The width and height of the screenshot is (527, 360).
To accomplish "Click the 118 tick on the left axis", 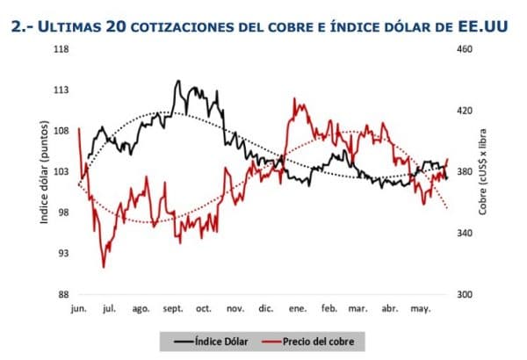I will click(62, 50).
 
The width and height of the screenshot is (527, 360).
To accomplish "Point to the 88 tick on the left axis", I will click(64, 294).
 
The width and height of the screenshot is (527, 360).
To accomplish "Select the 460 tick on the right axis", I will click(463, 50).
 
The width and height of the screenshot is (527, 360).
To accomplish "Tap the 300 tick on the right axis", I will click(463, 294).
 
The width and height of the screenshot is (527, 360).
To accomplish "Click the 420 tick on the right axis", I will click(463, 111).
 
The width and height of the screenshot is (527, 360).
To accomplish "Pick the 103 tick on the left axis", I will click(62, 172).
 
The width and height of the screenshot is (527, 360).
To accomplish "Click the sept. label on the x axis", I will click(171, 309).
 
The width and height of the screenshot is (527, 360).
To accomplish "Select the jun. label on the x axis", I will click(78, 309).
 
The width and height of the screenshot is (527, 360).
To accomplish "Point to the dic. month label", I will click(266, 309).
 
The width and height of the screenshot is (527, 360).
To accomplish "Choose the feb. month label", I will click(329, 309).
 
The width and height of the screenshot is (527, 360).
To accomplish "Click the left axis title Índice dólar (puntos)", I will click(43, 172).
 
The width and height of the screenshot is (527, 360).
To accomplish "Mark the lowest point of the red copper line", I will click(104, 267).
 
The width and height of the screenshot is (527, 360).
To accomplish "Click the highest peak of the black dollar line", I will click(178, 81).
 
